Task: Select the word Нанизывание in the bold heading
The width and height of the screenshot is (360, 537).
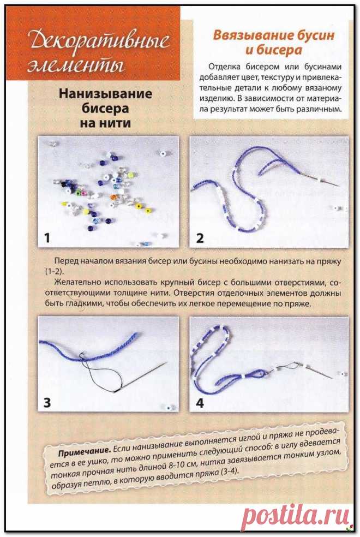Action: pos(106,94)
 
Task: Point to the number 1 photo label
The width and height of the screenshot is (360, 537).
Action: pos(47,238)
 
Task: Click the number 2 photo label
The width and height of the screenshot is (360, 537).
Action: pos(200,238)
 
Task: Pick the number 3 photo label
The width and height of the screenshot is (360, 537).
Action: pos(47,403)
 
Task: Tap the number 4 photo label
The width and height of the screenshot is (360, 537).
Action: pos(200,403)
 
